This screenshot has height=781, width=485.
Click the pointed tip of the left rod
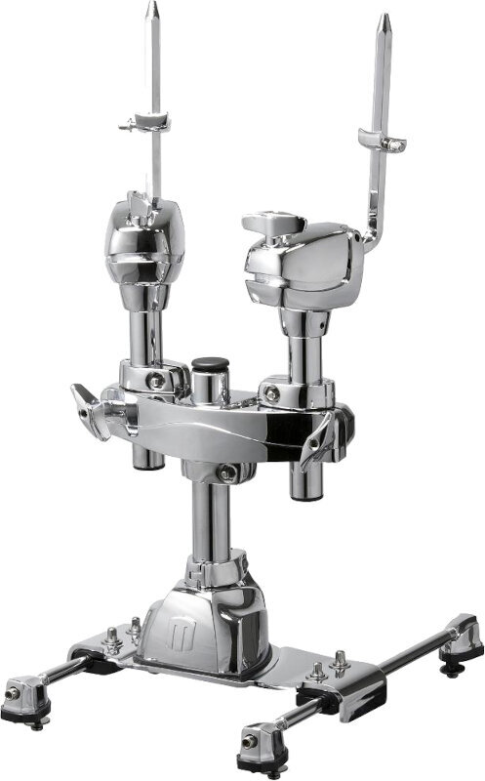[x=152, y=8]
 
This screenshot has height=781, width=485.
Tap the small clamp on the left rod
[x=143, y=123]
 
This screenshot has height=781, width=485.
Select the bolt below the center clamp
[x=226, y=473]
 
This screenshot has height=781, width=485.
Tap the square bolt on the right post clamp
[x=272, y=393]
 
